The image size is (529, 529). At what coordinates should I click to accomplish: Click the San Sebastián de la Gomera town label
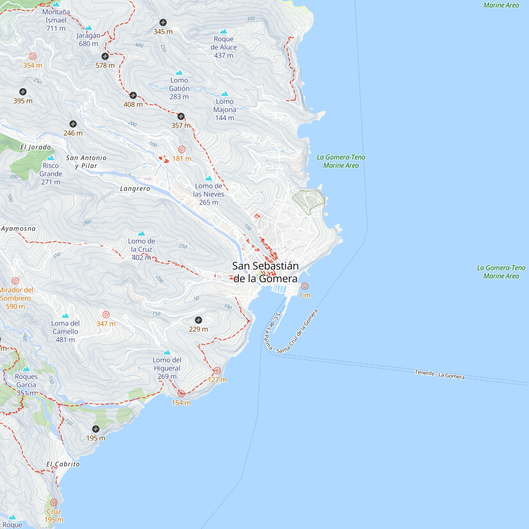[265, 272]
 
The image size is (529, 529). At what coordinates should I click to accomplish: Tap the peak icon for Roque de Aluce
[224, 31]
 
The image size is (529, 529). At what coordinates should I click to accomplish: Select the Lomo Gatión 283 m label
[179, 88]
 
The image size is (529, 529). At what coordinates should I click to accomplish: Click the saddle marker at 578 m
[105, 56]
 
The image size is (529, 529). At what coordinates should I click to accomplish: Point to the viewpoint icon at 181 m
[182, 149]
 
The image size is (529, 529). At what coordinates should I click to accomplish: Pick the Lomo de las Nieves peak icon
[209, 178]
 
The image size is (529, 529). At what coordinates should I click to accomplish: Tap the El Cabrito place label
[63, 464]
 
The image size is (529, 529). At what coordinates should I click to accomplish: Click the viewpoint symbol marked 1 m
[305, 286]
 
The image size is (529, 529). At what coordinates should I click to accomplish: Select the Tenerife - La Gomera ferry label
[439, 374]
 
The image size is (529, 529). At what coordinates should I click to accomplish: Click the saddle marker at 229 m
[199, 320]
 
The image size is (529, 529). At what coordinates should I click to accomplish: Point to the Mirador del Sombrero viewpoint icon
[15, 281]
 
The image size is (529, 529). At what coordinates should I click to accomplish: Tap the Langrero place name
[135, 189]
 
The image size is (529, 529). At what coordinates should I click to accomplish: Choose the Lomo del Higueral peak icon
[167, 352]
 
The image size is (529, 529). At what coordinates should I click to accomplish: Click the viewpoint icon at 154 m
[181, 394]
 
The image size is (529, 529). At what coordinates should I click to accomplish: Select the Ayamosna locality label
[18, 229]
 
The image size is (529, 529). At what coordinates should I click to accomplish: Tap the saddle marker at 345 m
[163, 22]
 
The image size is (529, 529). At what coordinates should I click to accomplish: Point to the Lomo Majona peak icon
[225, 94]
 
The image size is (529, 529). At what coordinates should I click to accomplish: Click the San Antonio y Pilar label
[86, 162]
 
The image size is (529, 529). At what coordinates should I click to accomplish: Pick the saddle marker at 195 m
[95, 429]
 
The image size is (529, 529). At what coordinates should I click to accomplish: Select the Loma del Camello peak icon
[65, 316]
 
